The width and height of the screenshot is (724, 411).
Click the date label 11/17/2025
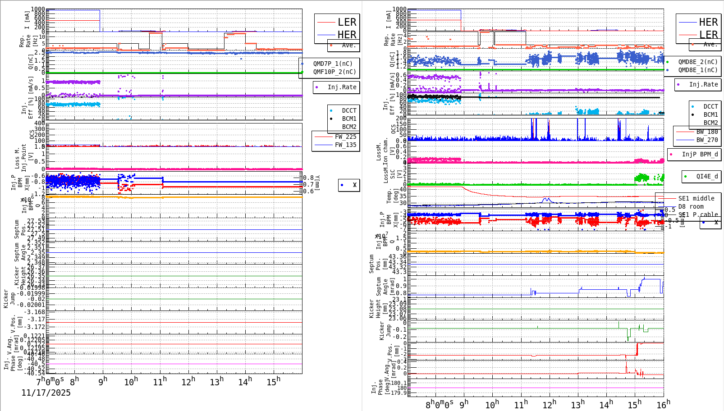[46, 393]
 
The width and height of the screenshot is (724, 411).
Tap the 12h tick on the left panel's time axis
[188, 382]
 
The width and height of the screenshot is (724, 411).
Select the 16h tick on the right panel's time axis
[663, 404]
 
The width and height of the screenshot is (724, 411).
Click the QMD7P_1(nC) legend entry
[333, 64]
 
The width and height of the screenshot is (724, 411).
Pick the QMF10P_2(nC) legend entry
[334, 72]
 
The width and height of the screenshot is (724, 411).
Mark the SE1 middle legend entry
[696, 198]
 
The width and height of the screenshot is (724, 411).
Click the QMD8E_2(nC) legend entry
[697, 62]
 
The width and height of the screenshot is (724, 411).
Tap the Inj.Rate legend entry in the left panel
[342, 87]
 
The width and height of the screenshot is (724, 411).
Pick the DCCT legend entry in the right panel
[710, 107]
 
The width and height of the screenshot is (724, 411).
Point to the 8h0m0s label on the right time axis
[440, 404]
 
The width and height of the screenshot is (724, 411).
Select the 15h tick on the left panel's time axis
[273, 382]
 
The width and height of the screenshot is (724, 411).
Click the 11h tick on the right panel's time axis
[521, 404]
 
